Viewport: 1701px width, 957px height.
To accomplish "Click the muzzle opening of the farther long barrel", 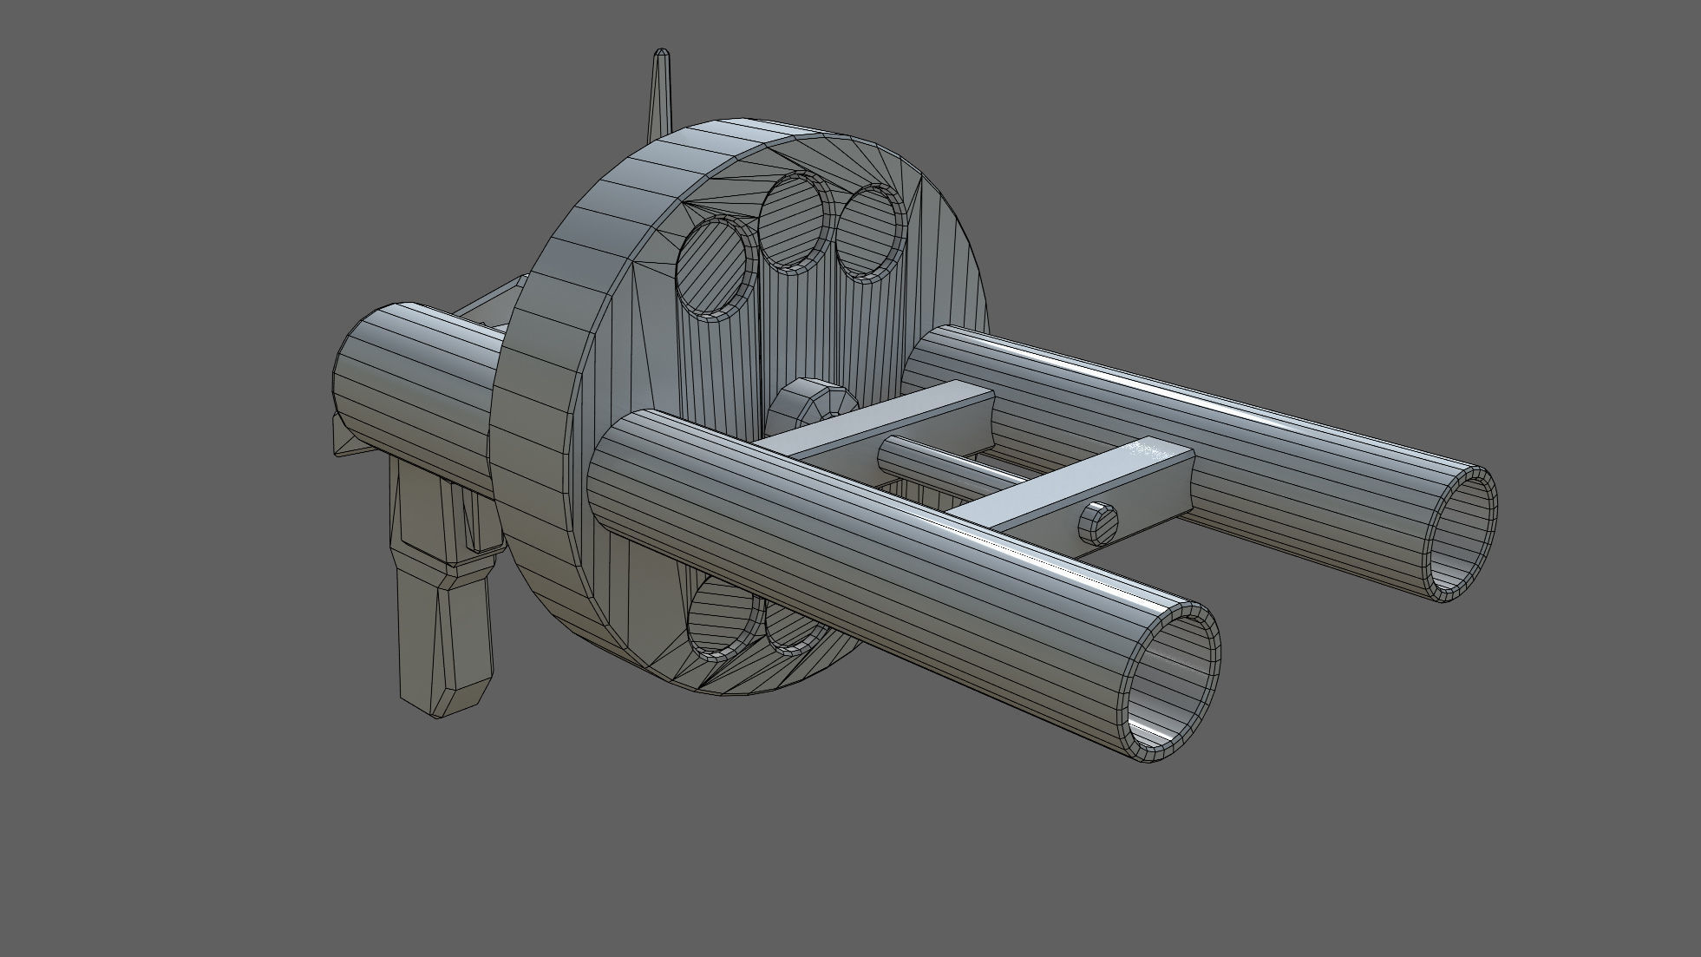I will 1462,534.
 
